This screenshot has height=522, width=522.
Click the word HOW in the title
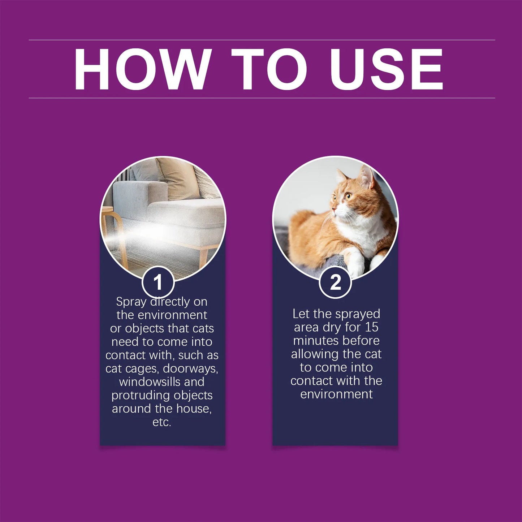pos(143,69)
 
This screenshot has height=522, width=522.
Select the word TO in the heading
pos(269,69)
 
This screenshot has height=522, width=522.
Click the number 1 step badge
pos(158,282)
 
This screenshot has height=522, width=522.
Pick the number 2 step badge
pos(335,282)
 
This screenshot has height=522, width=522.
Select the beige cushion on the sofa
pos(177,179)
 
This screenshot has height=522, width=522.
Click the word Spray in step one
pos(131,302)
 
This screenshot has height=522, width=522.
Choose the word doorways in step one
pos(190,368)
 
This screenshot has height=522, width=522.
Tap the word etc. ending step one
pos(161,422)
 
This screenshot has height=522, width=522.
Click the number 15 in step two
pos(371,327)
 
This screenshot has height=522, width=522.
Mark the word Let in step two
pos(301,314)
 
